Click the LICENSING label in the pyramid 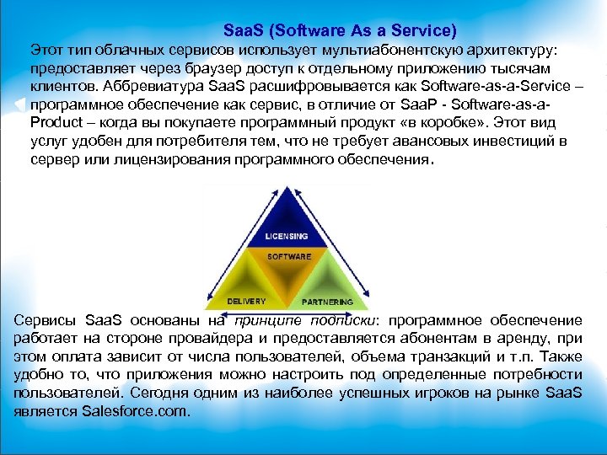pos(287,236)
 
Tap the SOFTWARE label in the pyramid pos(289,256)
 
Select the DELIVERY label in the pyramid pos(247,301)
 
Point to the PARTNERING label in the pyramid pos(328,301)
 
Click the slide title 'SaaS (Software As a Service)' pos(341,30)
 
